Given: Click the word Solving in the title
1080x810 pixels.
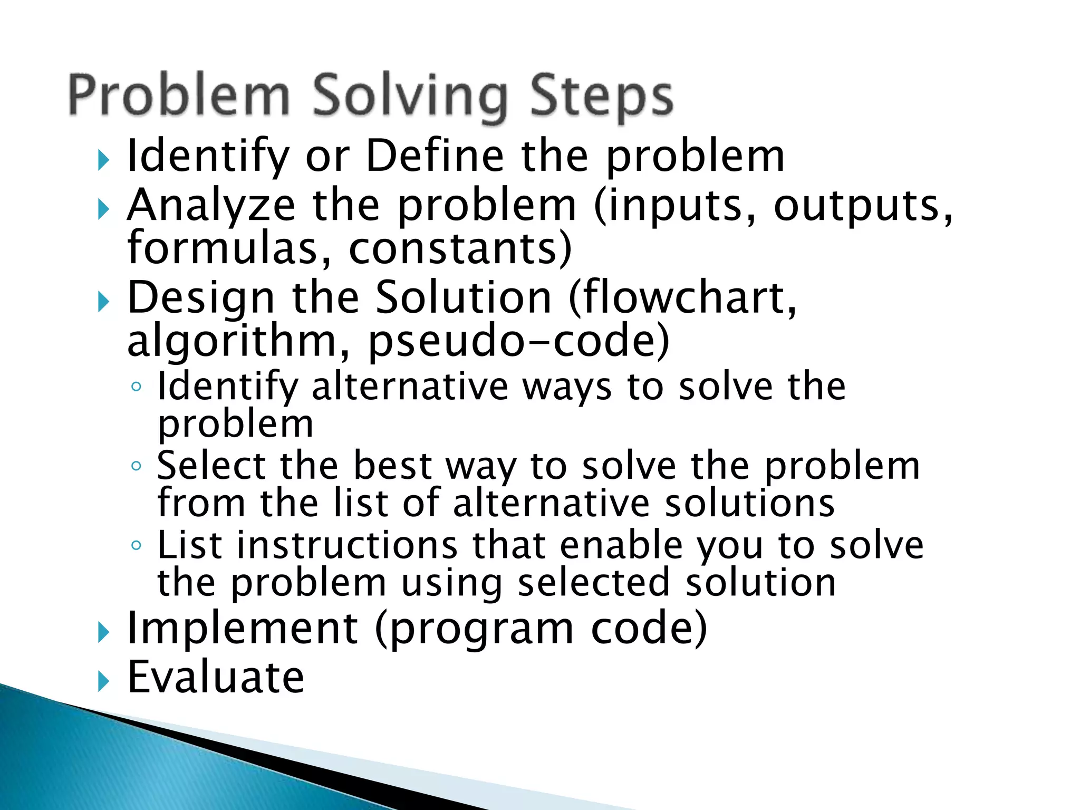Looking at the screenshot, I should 409,98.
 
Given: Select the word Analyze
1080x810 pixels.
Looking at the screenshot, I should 211,206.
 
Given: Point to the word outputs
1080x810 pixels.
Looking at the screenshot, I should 863,206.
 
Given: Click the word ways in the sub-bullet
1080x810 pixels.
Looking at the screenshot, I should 567,387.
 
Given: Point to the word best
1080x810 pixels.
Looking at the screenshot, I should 392,466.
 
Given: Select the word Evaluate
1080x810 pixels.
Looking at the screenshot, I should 216,677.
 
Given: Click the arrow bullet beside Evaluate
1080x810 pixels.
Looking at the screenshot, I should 103,682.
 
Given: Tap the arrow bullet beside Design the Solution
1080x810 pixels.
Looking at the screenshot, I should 103,303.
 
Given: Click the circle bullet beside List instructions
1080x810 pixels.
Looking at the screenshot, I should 136,545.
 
